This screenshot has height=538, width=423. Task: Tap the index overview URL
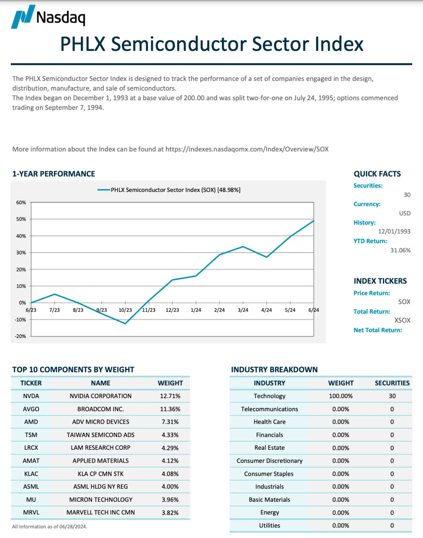click(x=247, y=149)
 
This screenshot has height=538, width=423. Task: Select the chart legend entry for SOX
click(x=169, y=190)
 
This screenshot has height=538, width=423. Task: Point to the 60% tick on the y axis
click(x=21, y=203)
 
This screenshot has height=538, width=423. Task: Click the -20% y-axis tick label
click(x=20, y=336)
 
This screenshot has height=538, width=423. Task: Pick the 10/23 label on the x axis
click(x=125, y=310)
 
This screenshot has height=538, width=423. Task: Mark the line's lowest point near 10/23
click(x=125, y=323)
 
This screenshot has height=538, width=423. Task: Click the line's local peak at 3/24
click(x=243, y=247)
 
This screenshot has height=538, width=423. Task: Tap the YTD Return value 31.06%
click(x=400, y=250)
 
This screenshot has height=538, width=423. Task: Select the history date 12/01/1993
click(x=394, y=231)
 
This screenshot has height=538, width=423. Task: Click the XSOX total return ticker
click(x=402, y=320)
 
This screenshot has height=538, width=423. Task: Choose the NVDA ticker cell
click(x=31, y=396)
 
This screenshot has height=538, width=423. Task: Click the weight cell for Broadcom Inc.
click(x=170, y=409)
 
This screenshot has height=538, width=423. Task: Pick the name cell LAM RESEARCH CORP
click(x=101, y=448)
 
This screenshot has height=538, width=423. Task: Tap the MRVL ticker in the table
click(x=31, y=512)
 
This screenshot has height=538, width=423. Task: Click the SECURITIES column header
click(x=392, y=383)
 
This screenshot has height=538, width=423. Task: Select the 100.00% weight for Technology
click(x=341, y=396)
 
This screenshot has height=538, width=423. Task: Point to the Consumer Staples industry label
click(x=269, y=474)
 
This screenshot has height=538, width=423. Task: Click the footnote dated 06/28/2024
click(x=50, y=526)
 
